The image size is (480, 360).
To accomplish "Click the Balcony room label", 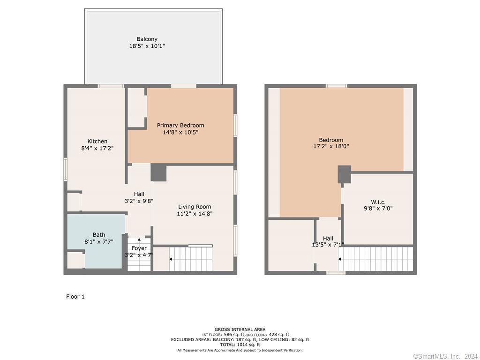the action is (x=147, y=39).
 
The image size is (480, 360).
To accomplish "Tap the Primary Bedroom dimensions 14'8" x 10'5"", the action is (x=180, y=132).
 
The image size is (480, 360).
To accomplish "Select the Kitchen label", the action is (x=97, y=141).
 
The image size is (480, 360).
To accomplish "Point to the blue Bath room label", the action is (x=99, y=234).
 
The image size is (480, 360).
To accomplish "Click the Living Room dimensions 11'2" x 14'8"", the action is (x=195, y=214).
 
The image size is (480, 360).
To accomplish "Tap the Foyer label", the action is (x=139, y=248).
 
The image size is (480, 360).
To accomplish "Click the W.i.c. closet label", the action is (x=378, y=202).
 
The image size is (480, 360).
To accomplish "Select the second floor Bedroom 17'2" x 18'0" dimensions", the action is (x=331, y=146).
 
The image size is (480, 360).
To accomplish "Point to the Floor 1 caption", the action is (x=75, y=296).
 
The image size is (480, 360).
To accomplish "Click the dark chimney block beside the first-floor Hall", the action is (x=158, y=172).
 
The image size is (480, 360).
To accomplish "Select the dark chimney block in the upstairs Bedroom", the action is (x=345, y=174).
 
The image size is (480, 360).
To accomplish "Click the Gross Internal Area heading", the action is (x=240, y=330).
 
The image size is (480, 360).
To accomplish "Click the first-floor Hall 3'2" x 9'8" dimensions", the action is (x=139, y=201).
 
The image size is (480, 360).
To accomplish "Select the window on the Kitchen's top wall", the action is (x=111, y=86).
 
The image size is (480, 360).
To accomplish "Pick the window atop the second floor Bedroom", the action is (x=337, y=86).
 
